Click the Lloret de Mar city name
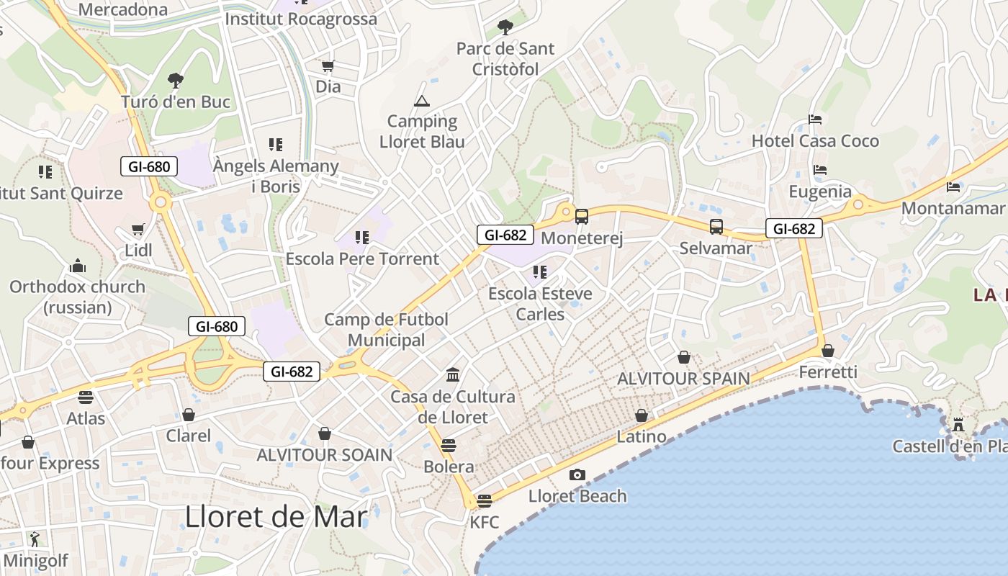[x=276, y=517]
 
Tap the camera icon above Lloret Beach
[x=577, y=474]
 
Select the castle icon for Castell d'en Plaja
[x=958, y=425]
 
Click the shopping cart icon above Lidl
[x=138, y=230]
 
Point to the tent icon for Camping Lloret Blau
[x=421, y=101]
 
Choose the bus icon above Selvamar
[x=716, y=227]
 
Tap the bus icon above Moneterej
[x=581, y=216]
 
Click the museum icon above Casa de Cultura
[x=453, y=375]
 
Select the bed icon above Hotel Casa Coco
[x=815, y=120]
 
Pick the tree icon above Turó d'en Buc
[x=175, y=80]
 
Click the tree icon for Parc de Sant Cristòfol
[x=505, y=27]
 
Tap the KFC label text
[x=484, y=522]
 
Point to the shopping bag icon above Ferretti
[x=828, y=351]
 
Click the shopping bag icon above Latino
[x=641, y=415]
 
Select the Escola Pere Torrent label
[x=362, y=258]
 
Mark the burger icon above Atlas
[x=86, y=397]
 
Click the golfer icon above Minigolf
[x=35, y=539]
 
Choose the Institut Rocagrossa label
[x=301, y=19]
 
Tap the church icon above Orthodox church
[x=78, y=266]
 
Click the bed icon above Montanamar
[x=953, y=187]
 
